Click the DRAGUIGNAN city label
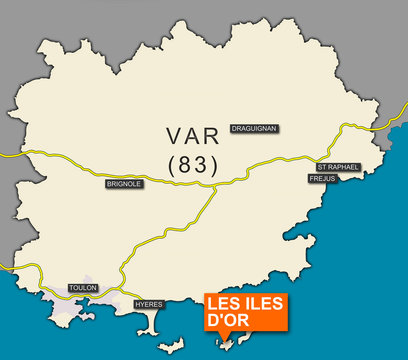pos(253,128)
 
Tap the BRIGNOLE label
pos(124,185)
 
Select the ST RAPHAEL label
pos(337,167)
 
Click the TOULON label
pos(83,288)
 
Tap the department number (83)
pos(192,165)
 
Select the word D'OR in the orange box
pos(226,321)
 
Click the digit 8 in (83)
pos(186,165)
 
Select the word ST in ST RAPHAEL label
pos(322,167)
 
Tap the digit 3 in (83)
pos(201,165)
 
